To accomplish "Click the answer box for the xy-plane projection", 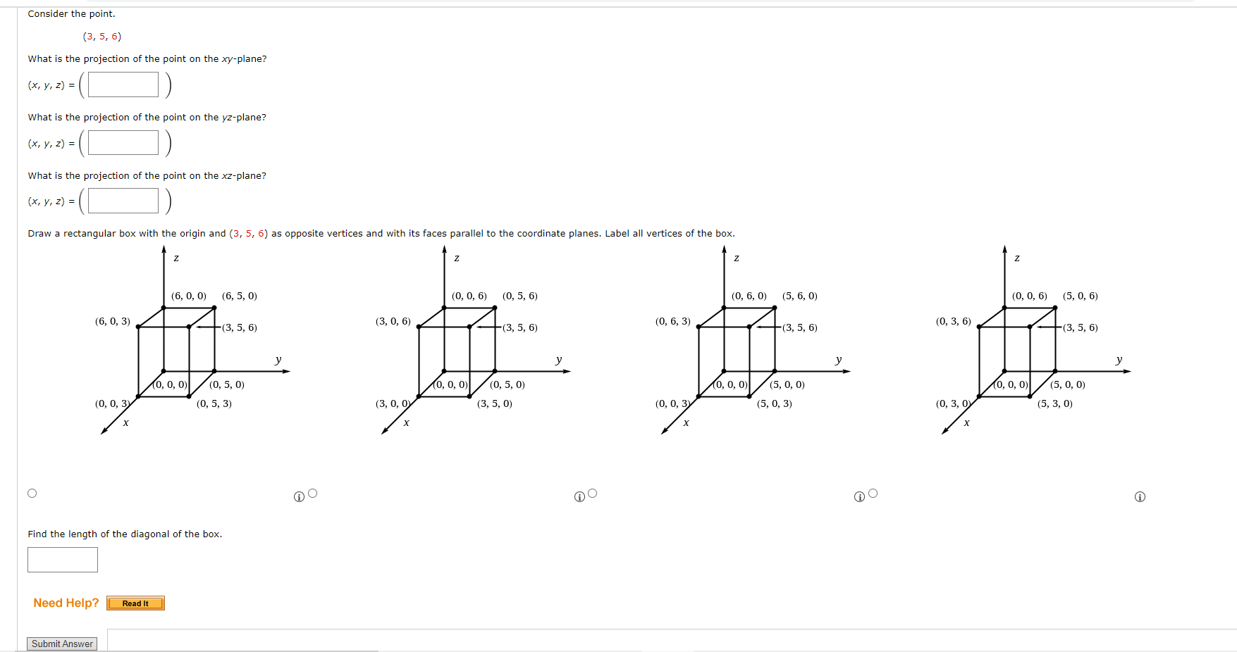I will (x=123, y=84).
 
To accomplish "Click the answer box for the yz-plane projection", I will (x=123, y=143).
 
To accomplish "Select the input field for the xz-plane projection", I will (x=123, y=201).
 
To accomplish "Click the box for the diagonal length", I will (x=63, y=560).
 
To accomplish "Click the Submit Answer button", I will (x=62, y=644).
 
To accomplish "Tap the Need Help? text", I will (x=66, y=603).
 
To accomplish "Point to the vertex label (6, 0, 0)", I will (x=189, y=296).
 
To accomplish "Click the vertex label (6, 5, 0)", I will (x=240, y=296).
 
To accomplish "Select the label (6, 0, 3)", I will (x=113, y=321).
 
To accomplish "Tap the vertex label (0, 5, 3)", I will (x=214, y=403).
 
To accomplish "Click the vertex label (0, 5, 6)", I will (x=520, y=296).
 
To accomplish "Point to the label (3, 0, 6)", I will (x=393, y=321).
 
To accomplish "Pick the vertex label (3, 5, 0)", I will (x=495, y=403).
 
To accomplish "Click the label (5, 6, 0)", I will (x=800, y=296).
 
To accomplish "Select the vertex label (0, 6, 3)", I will (x=673, y=321).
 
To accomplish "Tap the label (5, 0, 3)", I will (x=775, y=403).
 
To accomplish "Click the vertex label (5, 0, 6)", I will (x=1081, y=296).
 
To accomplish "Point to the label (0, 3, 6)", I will (x=954, y=321).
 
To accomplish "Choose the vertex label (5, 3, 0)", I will (x=1055, y=403).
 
